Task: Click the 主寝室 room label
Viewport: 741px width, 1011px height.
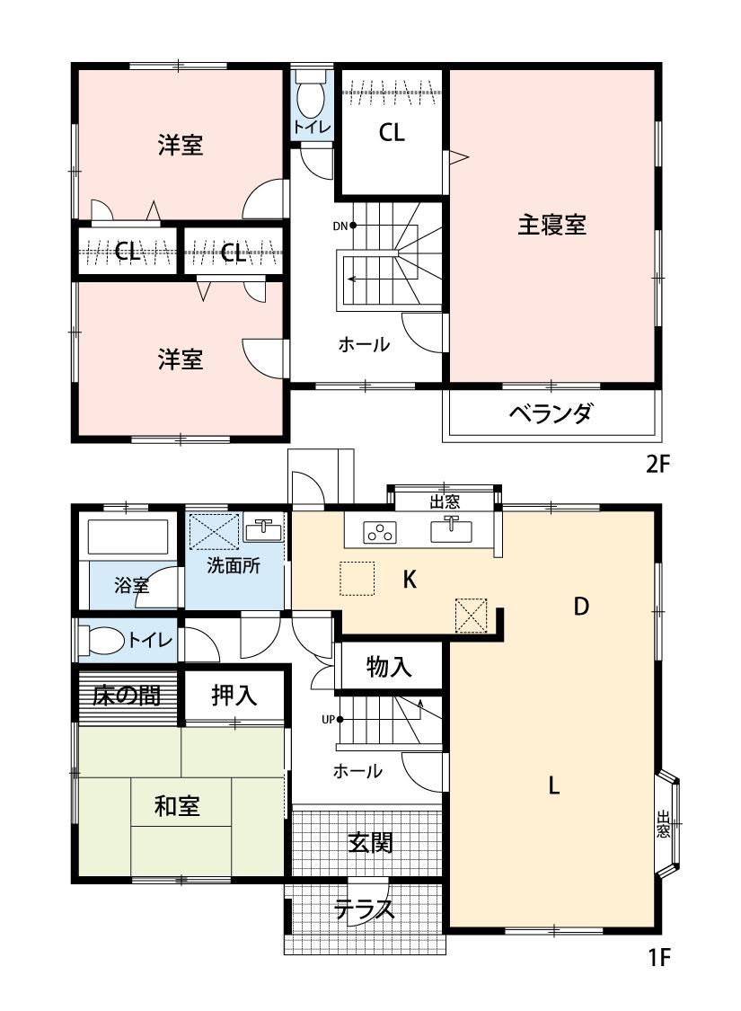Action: (551, 225)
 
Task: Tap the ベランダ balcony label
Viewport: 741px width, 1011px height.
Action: (551, 412)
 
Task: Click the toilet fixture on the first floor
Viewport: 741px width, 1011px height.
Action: (101, 641)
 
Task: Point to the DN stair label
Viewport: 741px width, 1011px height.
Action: (340, 226)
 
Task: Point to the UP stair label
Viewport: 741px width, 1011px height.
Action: (329, 719)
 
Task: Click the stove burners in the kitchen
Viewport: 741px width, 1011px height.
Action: (380, 533)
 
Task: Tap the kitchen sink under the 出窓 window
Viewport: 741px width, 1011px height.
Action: (451, 530)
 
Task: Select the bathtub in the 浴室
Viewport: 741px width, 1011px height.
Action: (128, 537)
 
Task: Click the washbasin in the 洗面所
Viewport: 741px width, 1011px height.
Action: (263, 530)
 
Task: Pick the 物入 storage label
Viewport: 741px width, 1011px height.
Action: (389, 667)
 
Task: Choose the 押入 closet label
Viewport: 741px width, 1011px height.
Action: (234, 695)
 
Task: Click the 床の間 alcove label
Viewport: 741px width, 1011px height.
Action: (127, 695)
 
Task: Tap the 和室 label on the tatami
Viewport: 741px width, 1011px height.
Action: (177, 806)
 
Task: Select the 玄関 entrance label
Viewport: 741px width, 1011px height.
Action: (370, 842)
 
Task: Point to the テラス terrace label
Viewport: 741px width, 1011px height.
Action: (364, 909)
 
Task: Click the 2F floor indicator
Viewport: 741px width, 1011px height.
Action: (658, 465)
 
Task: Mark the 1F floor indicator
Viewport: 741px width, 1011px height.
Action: (658, 958)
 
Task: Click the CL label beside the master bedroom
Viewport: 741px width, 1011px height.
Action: (392, 133)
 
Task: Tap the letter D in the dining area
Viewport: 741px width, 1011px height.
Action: (581, 606)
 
